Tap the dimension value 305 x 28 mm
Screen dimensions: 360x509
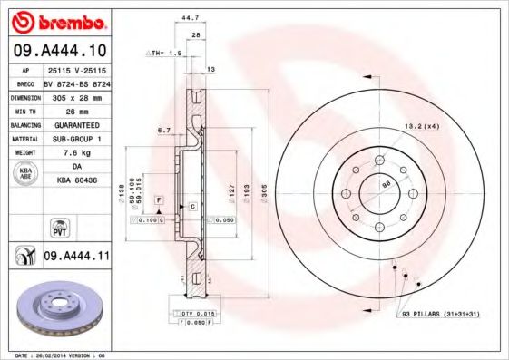(76, 95)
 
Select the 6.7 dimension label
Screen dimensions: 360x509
(163, 131)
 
